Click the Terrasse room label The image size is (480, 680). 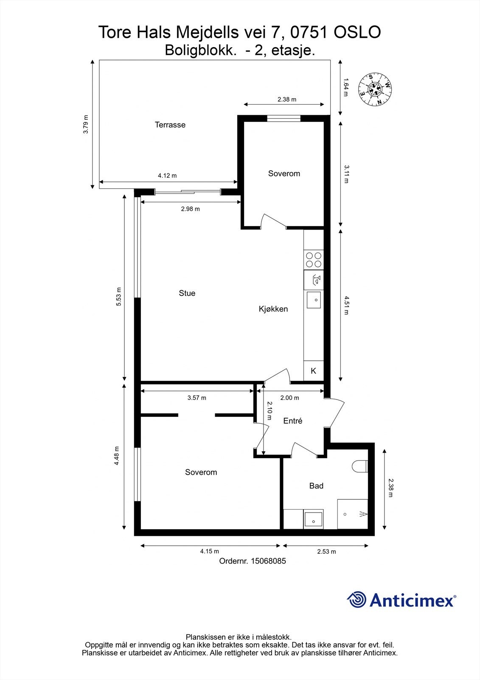tap(170, 125)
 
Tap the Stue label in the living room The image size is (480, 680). tap(187, 293)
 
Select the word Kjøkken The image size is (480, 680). tap(273, 309)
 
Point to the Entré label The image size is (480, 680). tap(292, 421)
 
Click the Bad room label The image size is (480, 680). tap(316, 486)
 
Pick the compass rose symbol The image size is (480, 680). tap(375, 90)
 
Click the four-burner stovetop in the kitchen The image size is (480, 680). tap(314, 260)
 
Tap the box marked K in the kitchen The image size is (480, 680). tap(314, 371)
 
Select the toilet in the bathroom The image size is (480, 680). tap(360, 466)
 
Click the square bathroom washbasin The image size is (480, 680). tap(314, 519)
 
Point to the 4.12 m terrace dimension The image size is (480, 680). tap(167, 176)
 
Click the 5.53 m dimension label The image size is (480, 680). tap(118, 296)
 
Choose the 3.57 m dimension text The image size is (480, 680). tap(197, 398)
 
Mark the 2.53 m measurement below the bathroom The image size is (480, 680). tap(326, 552)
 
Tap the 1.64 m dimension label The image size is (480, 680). tap(345, 88)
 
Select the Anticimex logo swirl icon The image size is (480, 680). tap(356, 600)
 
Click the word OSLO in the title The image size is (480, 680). tap(357, 32)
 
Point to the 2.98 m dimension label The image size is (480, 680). tap(191, 209)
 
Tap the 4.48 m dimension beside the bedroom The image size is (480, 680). tap(116, 456)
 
